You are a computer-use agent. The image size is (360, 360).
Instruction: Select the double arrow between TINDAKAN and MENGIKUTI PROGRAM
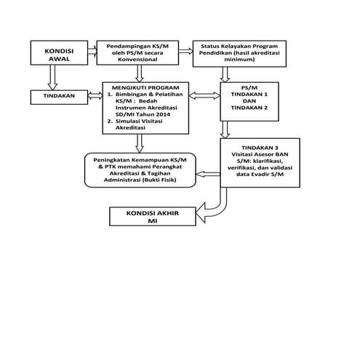click(95, 95)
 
